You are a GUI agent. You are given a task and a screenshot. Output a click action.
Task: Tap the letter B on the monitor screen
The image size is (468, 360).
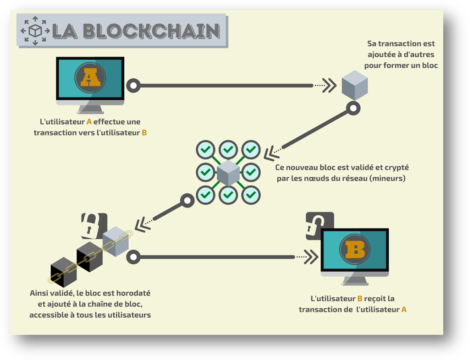pyautogui.click(x=355, y=250)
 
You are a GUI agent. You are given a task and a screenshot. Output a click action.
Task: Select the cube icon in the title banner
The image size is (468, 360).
pyautogui.click(x=35, y=31)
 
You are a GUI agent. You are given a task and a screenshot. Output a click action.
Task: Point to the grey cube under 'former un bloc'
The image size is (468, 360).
pyautogui.click(x=355, y=85)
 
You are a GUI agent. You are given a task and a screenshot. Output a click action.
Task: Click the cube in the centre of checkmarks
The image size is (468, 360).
pyautogui.click(x=228, y=173)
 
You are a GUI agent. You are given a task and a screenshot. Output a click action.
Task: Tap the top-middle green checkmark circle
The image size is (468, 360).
pyautogui.click(x=228, y=149)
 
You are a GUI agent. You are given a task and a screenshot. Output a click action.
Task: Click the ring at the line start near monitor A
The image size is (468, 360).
pyautogui.click(x=133, y=85)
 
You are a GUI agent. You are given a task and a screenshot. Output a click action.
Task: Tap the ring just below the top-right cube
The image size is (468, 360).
pyautogui.click(x=353, y=109)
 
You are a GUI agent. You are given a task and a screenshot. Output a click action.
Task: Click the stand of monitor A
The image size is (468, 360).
pyautogui.click(x=90, y=109)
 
